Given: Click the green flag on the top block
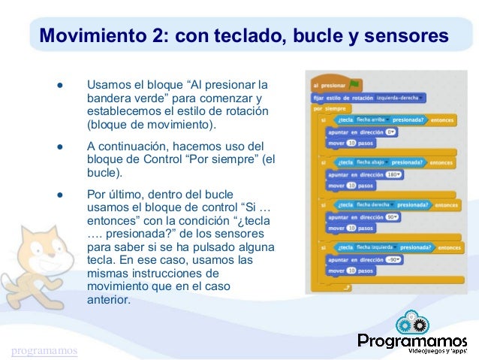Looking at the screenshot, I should coord(354,83).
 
